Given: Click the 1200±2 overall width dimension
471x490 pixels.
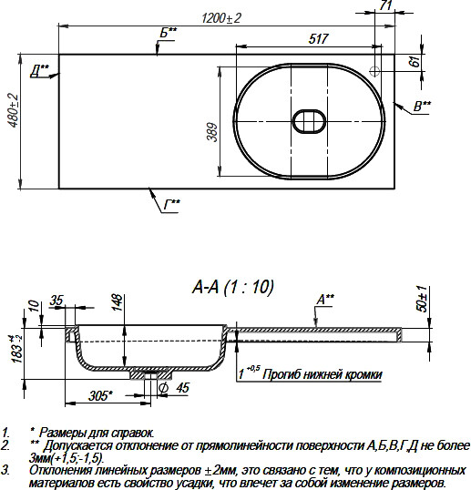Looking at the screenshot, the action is point(221,18).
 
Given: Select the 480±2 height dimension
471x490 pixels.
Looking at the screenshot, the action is point(14,110).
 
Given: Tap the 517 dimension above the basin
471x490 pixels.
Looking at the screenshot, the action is point(318,39).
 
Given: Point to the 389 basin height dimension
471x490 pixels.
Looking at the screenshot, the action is point(212,132).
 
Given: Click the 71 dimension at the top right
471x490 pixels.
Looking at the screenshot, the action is point(385,5).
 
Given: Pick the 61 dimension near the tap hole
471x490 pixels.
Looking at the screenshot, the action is point(415,62).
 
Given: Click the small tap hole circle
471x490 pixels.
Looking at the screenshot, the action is point(374,71).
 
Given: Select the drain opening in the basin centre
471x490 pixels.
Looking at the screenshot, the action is point(309,121).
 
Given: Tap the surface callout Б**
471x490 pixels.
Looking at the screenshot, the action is point(169,32).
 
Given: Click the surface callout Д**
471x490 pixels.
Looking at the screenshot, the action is point(40,71).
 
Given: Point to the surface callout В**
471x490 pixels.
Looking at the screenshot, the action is point(422,106).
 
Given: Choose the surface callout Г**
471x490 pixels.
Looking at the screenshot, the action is point(172,205).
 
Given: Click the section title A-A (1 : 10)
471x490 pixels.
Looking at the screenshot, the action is point(233,287).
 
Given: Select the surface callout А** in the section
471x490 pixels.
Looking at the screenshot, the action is point(325,300).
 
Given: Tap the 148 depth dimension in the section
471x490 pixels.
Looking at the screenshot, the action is point(117,302).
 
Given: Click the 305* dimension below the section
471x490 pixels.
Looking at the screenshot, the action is point(100,396).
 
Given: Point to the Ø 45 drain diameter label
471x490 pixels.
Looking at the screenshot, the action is point(174,388).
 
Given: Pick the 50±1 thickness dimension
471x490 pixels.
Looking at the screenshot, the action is point(422,299).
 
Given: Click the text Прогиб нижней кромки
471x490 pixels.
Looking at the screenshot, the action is point(323,374).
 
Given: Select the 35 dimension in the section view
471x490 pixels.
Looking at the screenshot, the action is point(56,301).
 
